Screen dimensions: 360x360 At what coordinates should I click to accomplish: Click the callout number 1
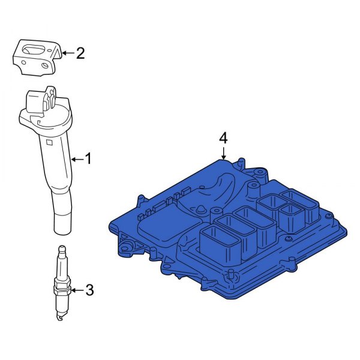pyautogui.click(x=88, y=159)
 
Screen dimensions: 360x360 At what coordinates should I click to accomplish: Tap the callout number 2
pyautogui.click(x=80, y=53)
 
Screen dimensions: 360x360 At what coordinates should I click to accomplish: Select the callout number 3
pyautogui.click(x=89, y=291)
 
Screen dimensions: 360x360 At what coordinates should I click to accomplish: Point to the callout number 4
pyautogui.click(x=223, y=138)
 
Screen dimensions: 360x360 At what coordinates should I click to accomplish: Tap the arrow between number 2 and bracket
pyautogui.click(x=67, y=53)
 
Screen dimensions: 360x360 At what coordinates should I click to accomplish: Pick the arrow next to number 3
pyautogui.click(x=76, y=291)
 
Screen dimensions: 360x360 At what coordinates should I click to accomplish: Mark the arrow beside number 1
pyautogui.click(x=75, y=159)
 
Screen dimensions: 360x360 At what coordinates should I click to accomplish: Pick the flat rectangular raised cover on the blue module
pyautogui.click(x=162, y=225)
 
